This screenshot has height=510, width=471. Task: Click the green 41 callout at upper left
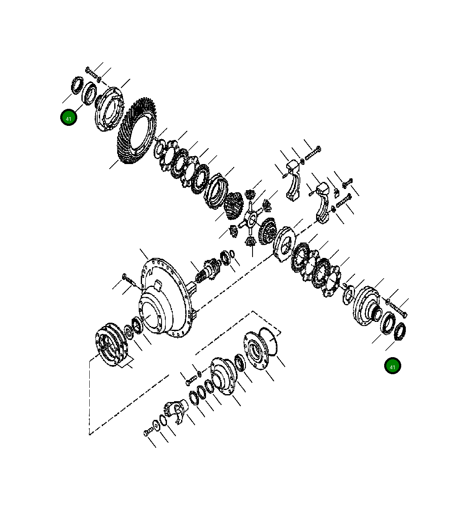click(x=69, y=118)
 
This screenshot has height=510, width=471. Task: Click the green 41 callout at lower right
click(x=392, y=366)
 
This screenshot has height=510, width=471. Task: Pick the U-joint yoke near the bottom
click(x=177, y=412)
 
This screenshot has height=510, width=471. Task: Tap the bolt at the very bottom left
click(x=148, y=433)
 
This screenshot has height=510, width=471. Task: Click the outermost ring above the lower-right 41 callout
click(x=400, y=331)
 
